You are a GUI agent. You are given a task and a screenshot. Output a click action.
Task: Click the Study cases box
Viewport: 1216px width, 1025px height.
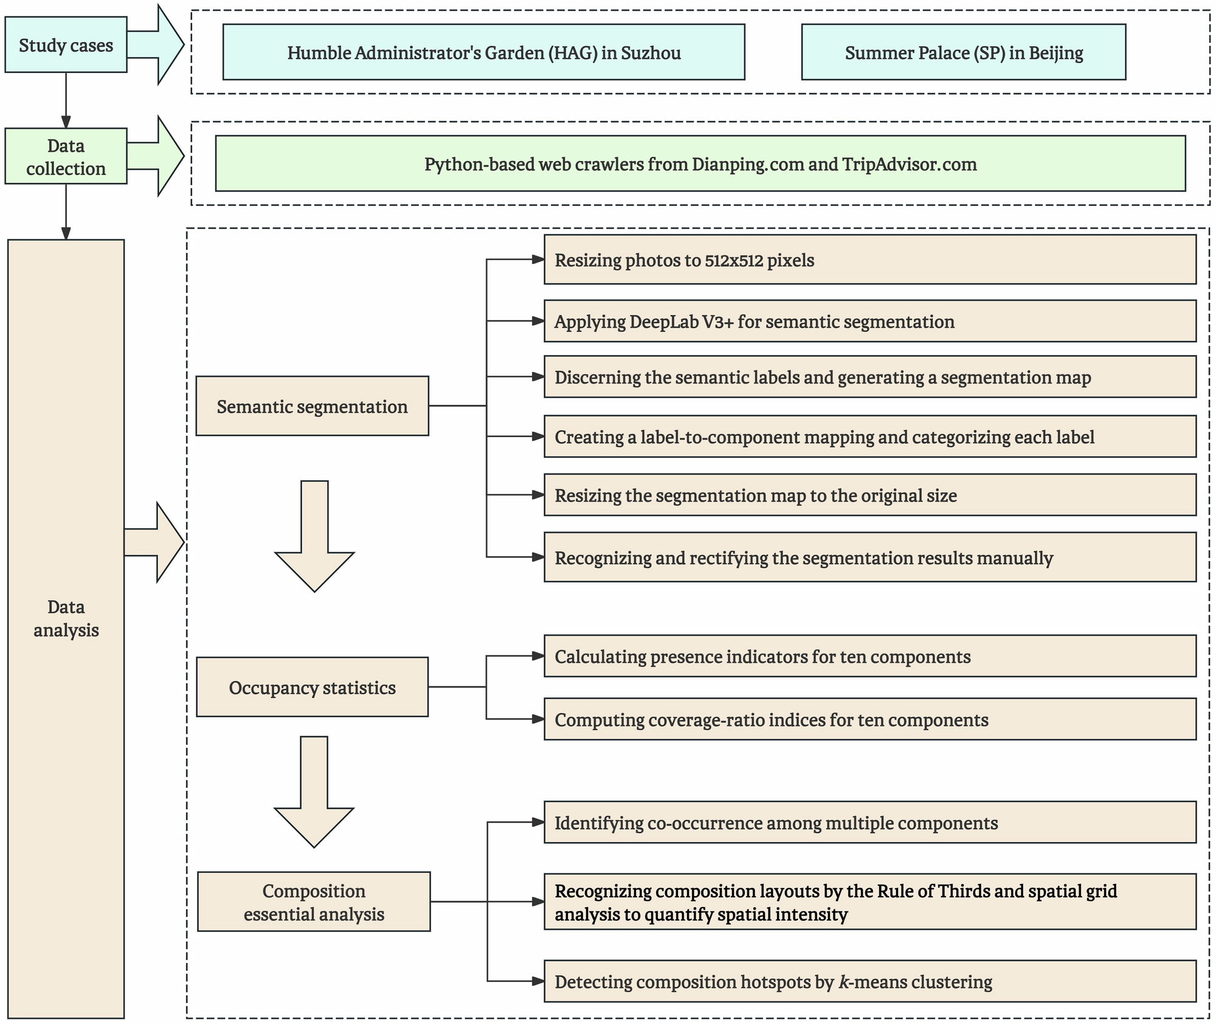point(66,45)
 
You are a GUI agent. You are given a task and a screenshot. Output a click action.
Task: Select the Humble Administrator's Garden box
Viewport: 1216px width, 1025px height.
point(483,52)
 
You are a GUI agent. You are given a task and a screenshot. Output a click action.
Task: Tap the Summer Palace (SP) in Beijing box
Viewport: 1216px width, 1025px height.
point(963,52)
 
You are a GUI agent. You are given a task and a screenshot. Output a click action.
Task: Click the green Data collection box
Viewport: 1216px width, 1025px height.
point(66,156)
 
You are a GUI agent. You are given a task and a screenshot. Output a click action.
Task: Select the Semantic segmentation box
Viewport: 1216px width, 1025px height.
point(312,406)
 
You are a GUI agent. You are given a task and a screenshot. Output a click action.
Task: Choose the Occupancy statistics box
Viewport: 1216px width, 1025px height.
point(312,687)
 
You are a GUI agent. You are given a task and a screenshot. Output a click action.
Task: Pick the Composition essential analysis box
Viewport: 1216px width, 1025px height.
point(314,902)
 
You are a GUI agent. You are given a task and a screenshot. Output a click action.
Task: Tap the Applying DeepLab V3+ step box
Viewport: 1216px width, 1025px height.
point(869,321)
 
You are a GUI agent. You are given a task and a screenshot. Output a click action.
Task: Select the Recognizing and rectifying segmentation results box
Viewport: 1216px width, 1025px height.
point(869,557)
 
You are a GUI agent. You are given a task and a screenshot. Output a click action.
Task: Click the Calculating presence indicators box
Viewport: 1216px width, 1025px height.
point(869,657)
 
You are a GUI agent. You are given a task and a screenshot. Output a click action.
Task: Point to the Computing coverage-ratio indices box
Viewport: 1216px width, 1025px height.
point(869,719)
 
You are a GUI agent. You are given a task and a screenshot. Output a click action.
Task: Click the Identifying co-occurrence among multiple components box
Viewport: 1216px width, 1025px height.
point(869,823)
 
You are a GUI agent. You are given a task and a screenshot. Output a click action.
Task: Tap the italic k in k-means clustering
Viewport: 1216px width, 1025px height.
point(843,982)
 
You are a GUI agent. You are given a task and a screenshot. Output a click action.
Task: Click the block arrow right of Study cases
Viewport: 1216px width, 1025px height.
point(157,45)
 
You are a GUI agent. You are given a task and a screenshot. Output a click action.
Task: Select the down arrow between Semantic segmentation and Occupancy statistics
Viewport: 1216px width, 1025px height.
point(314,535)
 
